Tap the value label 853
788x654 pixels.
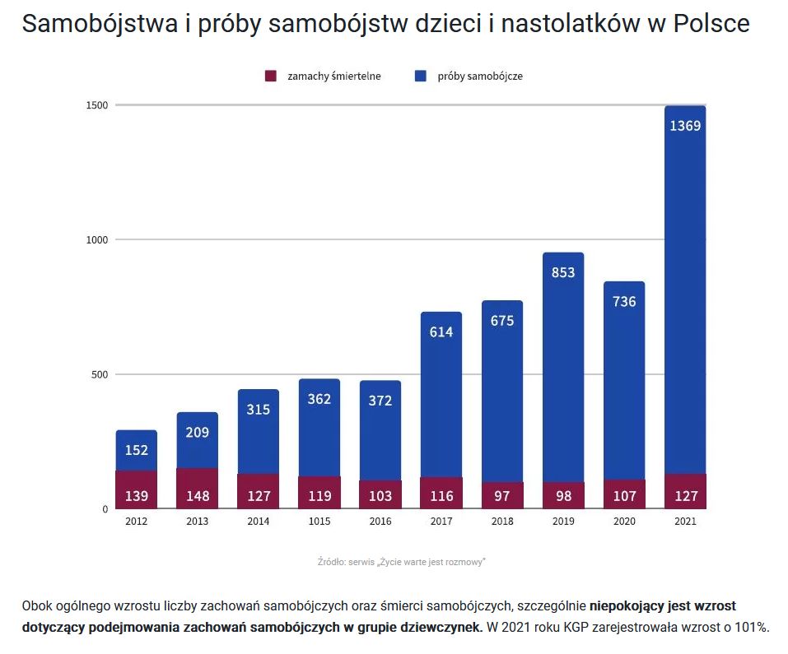coord(563,272)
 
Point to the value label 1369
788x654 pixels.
coord(685,126)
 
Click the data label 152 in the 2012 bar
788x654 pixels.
coord(137,450)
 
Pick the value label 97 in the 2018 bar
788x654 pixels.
coord(502,496)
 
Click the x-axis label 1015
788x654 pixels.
coord(319,522)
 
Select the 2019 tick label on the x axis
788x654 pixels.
coord(563,522)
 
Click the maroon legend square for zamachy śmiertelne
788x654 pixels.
coord(269,77)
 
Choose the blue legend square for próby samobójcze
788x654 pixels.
coord(420,77)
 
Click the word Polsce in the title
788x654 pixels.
coord(711,24)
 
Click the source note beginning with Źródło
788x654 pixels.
coord(401,561)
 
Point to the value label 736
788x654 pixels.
coord(624,301)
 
